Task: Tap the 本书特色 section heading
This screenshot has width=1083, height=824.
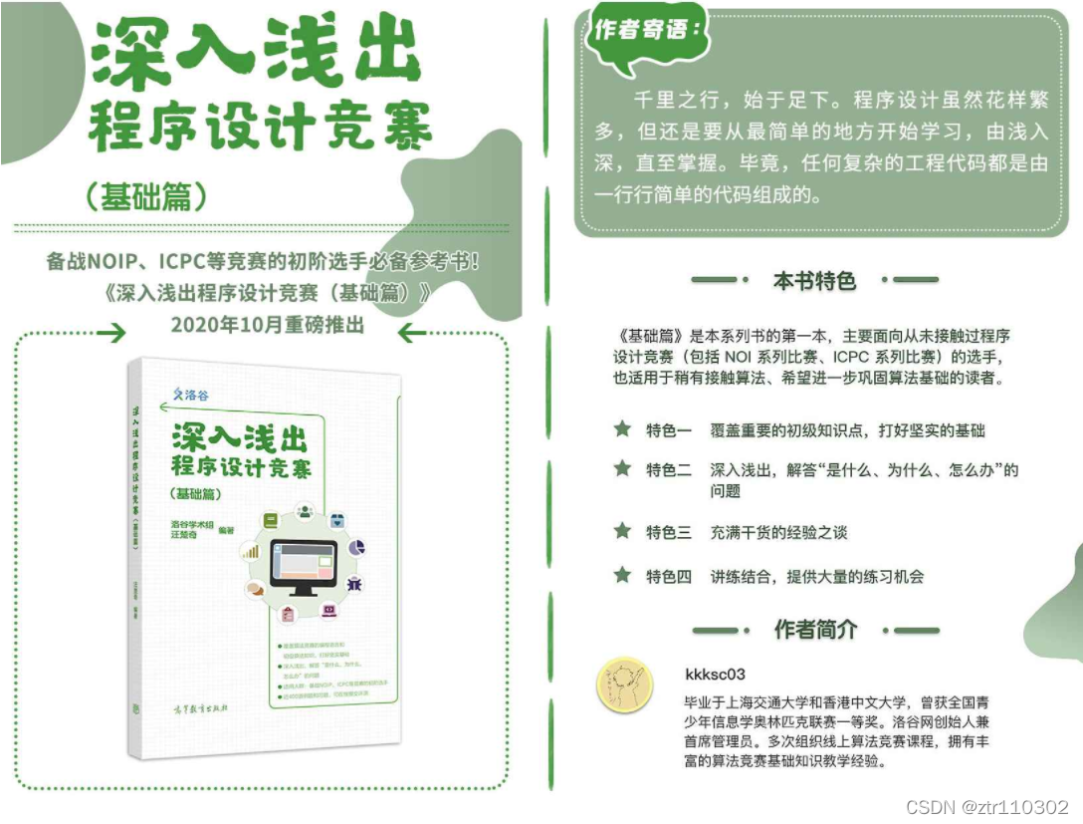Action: click(x=814, y=281)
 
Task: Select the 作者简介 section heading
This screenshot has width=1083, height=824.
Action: click(x=815, y=630)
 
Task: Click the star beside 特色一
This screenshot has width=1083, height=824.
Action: click(x=623, y=429)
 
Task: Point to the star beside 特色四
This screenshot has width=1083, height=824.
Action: click(x=623, y=575)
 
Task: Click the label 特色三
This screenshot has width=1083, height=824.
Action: click(x=668, y=532)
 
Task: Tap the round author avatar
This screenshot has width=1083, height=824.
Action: click(x=623, y=688)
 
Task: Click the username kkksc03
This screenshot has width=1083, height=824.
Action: click(x=716, y=675)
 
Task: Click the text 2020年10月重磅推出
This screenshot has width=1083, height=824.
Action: click(x=268, y=325)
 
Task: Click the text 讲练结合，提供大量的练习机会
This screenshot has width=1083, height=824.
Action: click(x=816, y=576)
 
